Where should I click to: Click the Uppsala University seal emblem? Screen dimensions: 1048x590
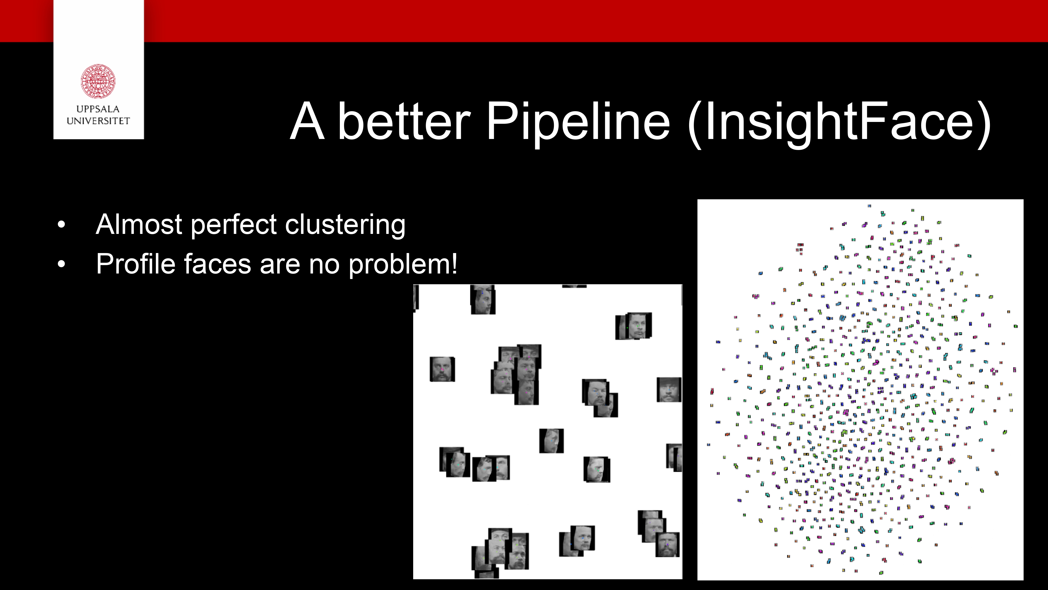click(98, 81)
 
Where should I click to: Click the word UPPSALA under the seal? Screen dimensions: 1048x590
click(98, 109)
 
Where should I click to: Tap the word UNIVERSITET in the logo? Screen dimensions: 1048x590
click(98, 121)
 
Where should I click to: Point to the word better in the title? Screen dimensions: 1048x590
click(404, 121)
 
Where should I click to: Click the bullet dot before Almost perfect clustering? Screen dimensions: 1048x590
click(61, 224)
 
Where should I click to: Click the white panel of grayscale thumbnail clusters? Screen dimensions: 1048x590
click(548, 432)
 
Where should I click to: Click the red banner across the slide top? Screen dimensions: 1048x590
click(524, 21)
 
